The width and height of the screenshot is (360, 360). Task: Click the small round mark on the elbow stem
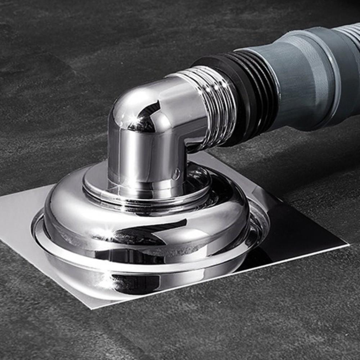[175, 175]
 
